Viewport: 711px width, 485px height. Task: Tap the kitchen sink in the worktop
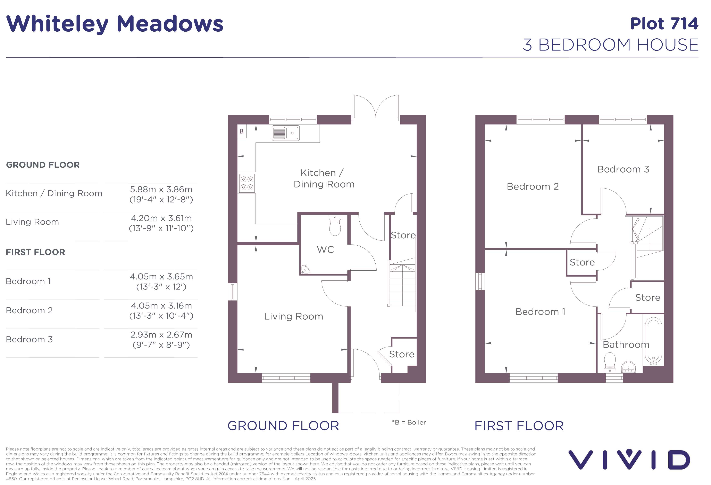tap(286, 133)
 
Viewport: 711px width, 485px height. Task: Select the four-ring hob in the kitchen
tap(247, 183)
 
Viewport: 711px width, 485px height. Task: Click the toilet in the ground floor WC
tap(335, 225)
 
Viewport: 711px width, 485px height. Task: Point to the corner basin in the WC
tap(305, 269)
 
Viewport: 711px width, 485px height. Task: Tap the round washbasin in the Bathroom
tap(628, 367)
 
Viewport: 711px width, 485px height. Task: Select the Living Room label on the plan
tap(294, 316)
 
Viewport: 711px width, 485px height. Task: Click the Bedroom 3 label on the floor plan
tap(623, 169)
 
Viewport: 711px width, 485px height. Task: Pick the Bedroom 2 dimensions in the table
tap(161, 311)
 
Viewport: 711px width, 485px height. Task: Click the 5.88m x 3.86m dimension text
tap(161, 189)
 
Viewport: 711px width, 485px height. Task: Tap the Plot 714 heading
tap(664, 24)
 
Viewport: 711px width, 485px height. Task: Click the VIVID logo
tap(629, 459)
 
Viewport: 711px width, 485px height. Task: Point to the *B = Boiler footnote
tap(409, 422)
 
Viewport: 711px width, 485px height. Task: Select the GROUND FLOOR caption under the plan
tap(283, 426)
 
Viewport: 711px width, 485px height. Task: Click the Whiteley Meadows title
tap(115, 24)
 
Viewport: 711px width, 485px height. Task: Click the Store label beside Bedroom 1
tap(582, 262)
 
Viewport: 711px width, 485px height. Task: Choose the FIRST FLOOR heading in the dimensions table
tap(35, 252)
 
